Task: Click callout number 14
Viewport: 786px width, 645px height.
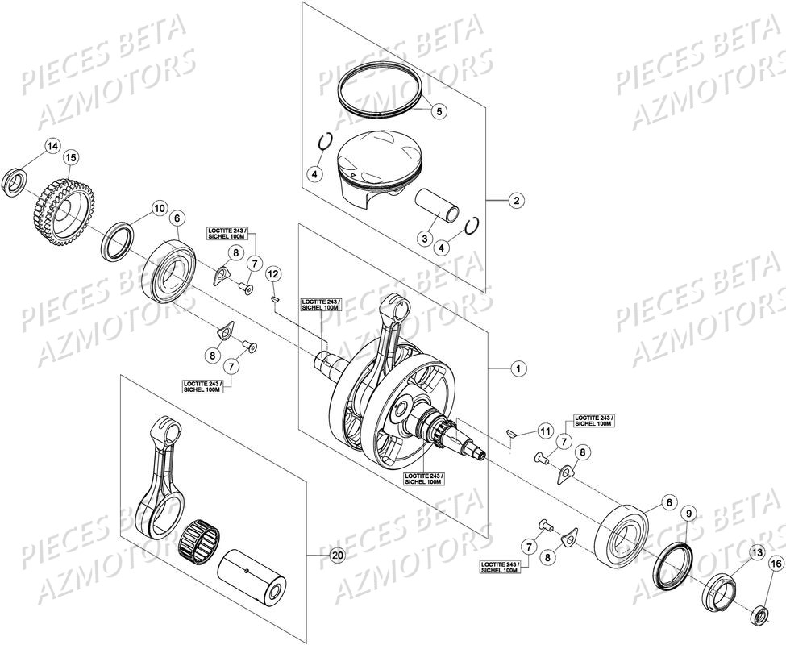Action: [52, 146]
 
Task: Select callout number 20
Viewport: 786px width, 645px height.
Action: [337, 556]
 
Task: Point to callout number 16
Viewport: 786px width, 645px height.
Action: [776, 564]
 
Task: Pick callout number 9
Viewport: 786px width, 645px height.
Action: [688, 514]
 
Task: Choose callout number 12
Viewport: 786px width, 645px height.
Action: [273, 274]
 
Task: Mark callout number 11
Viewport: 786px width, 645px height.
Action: [545, 431]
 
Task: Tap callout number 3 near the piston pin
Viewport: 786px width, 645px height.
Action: [422, 238]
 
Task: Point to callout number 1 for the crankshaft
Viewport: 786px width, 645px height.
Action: [518, 367]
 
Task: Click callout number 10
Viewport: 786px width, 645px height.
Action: [159, 208]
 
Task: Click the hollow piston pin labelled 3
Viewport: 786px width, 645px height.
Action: [439, 208]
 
